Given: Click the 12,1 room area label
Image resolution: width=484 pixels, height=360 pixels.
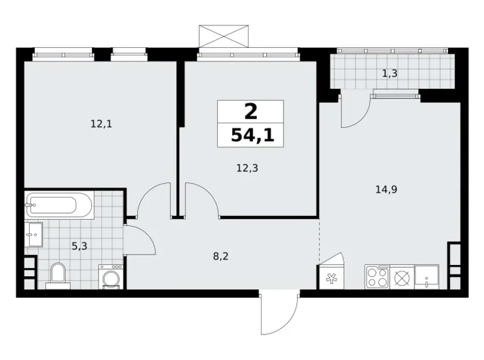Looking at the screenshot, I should coord(101,124).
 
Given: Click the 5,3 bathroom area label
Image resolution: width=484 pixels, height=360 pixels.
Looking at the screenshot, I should coord(79,246).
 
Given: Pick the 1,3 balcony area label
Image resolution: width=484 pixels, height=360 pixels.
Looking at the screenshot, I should coord(390,74).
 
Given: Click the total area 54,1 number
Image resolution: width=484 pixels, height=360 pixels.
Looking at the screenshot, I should coord(250,135).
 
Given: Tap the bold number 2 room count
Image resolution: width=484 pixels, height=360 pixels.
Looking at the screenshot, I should coord(250,112).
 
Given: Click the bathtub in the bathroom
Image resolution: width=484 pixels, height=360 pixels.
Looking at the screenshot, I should coord(60,204).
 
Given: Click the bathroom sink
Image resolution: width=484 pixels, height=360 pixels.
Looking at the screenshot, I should coord(34,234).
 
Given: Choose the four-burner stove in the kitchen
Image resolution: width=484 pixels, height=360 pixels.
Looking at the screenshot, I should coord(377,276).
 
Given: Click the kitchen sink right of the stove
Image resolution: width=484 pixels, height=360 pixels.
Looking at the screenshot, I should coord(427,276).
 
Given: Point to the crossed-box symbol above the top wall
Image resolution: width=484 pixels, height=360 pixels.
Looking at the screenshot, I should coord(223,35).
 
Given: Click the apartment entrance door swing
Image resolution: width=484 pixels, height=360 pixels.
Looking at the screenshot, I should coord(276,313).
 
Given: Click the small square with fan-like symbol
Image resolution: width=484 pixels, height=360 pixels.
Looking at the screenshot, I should coord(329,277).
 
